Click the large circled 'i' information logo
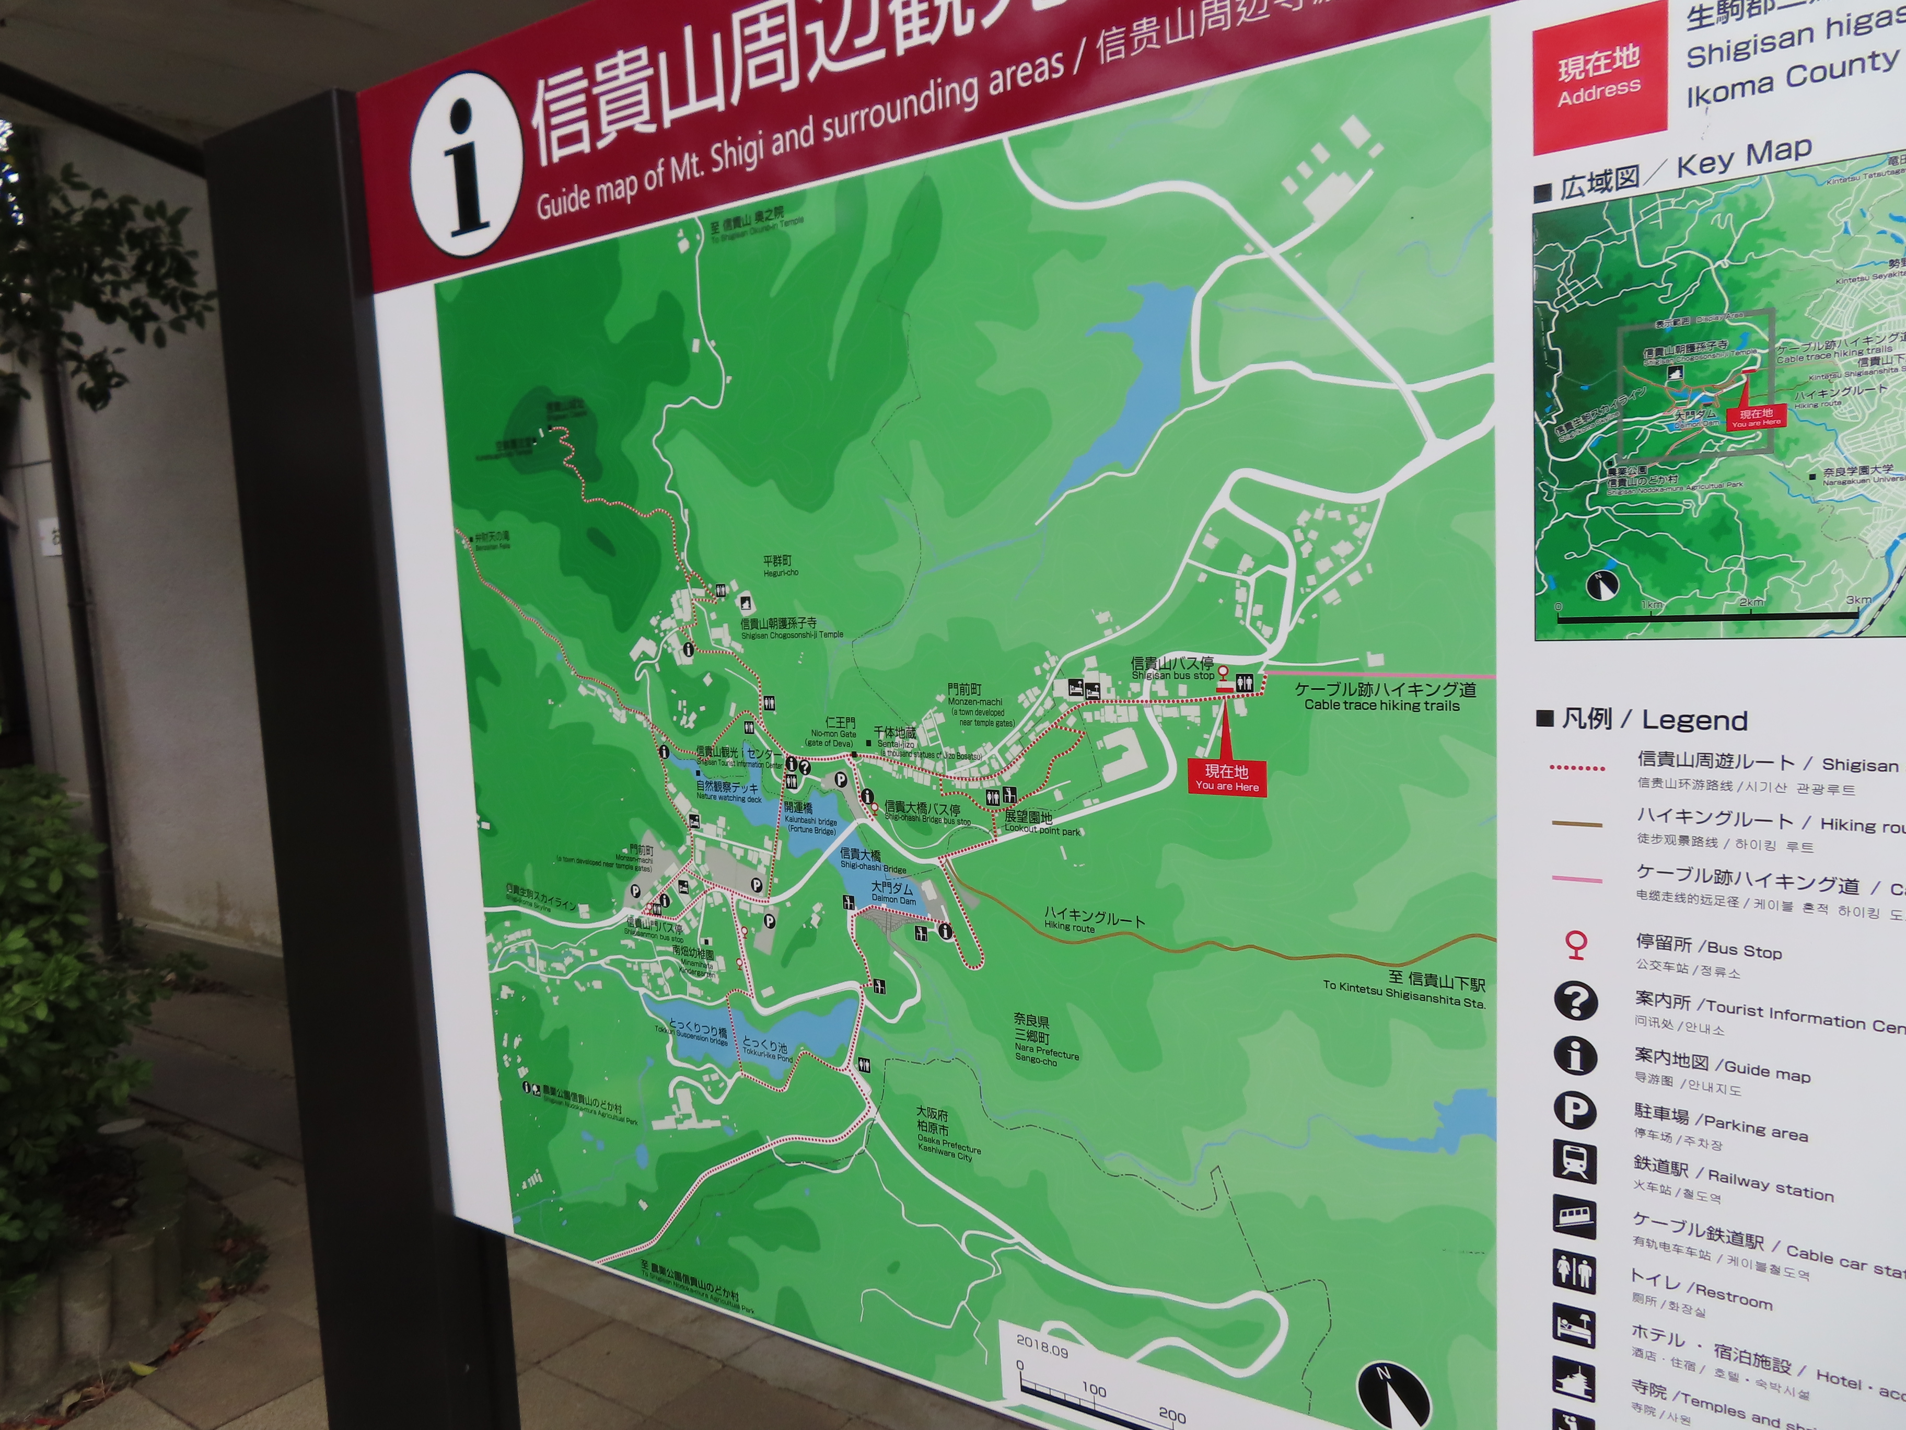click(x=466, y=164)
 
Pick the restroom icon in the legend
click(x=1574, y=1272)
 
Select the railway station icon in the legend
click(x=1574, y=1163)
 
